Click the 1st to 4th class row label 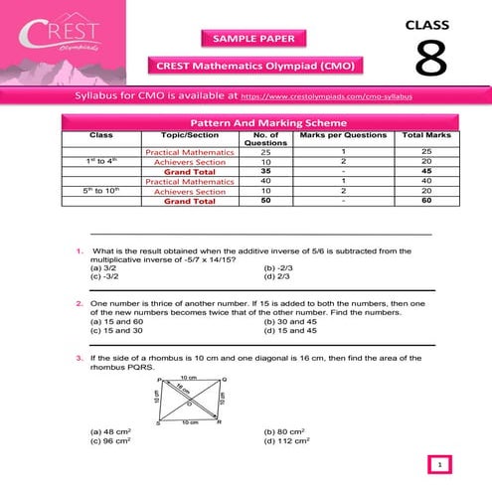point(101,160)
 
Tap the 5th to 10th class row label point(101,191)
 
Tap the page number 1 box point(439,463)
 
